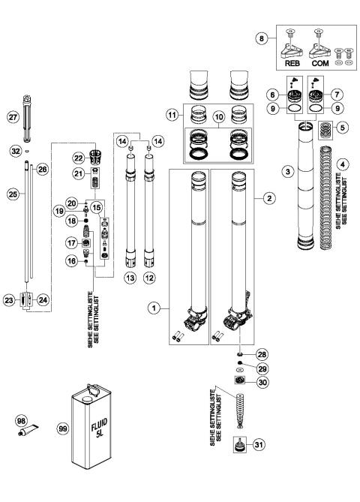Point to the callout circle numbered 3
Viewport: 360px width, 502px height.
click(284, 172)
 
